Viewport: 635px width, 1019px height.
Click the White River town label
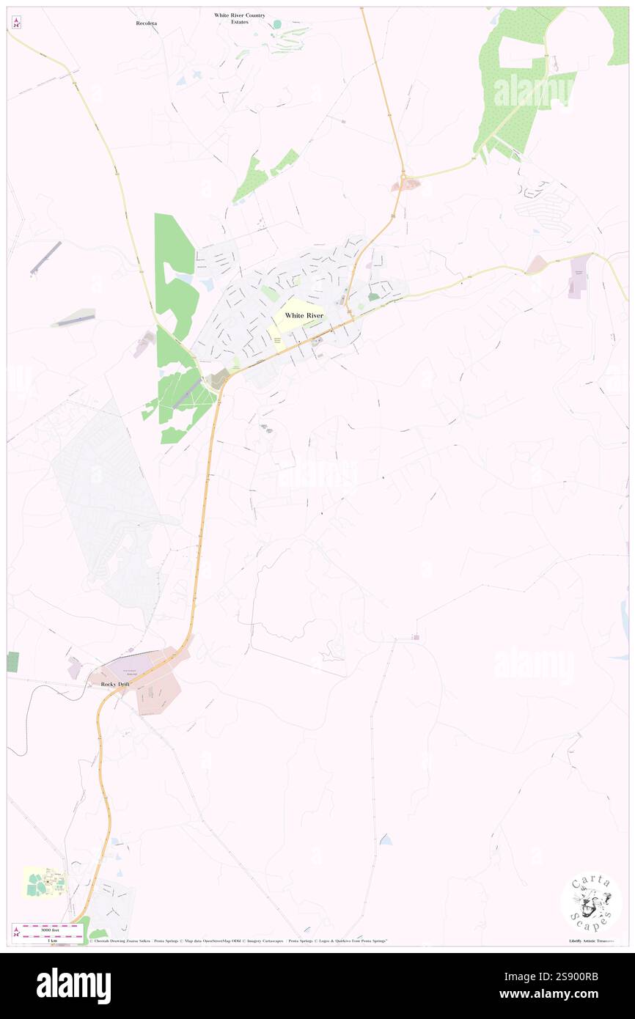click(304, 315)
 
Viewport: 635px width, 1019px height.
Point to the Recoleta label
click(147, 23)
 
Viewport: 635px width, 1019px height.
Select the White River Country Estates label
click(240, 18)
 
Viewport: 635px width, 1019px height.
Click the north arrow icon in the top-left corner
click(16, 22)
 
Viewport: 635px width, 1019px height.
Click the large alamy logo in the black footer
click(73, 985)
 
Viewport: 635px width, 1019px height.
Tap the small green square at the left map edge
click(12, 661)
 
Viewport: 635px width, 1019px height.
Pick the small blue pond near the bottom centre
click(385, 839)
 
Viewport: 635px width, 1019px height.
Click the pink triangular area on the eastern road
click(535, 265)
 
